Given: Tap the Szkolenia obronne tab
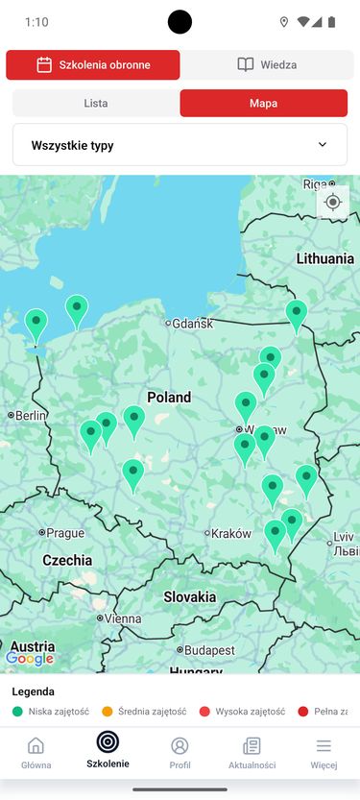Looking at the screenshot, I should pyautogui.click(x=92, y=64).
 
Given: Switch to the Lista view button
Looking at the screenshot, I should pyautogui.click(x=96, y=103).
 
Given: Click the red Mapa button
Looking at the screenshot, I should pyautogui.click(x=263, y=103).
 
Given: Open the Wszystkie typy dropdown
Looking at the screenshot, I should pyautogui.click(x=180, y=145).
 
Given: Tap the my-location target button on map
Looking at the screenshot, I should pyautogui.click(x=333, y=202).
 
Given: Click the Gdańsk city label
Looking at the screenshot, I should pyautogui.click(x=192, y=324).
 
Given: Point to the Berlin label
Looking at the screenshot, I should pyautogui.click(x=31, y=415).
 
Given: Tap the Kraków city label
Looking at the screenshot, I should pyautogui.click(x=231, y=533).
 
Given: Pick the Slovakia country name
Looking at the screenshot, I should pyautogui.click(x=189, y=596).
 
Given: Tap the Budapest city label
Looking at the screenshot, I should pyautogui.click(x=208, y=650).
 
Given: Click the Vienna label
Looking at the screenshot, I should pyautogui.click(x=123, y=619).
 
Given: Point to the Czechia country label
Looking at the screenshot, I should pyautogui.click(x=67, y=560).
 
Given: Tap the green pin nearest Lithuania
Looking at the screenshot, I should pyautogui.click(x=297, y=312).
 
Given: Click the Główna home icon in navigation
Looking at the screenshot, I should pyautogui.click(x=36, y=746).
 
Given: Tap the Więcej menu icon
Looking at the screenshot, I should pyautogui.click(x=324, y=746).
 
